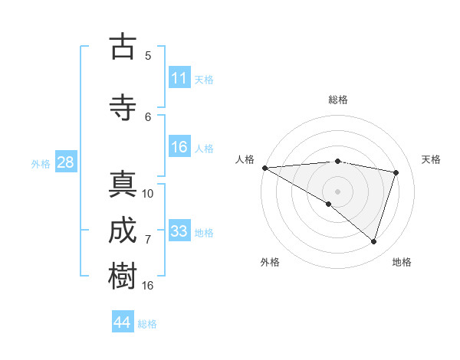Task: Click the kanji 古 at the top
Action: click(123, 47)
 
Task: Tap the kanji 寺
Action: click(123, 107)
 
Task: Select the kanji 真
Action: click(123, 186)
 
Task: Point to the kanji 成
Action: click(123, 232)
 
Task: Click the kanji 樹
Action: click(123, 276)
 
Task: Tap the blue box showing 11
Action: click(179, 78)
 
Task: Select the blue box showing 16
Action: click(179, 147)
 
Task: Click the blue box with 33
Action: click(179, 231)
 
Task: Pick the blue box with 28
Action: click(65, 162)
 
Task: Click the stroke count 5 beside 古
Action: click(148, 55)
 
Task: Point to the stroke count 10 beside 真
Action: click(148, 193)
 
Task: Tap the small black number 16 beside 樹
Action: click(148, 285)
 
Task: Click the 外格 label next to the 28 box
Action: click(40, 163)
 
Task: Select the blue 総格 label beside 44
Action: click(147, 324)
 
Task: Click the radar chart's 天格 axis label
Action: click(432, 159)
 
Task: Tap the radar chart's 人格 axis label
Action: click(245, 159)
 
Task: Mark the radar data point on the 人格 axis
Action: click(264, 168)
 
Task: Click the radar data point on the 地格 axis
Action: click(373, 241)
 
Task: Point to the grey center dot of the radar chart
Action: click(337, 190)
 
